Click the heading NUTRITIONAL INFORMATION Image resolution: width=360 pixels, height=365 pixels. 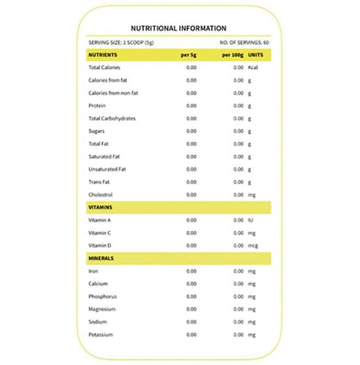coord(179,28)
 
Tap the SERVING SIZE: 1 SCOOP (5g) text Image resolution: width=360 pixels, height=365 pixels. coord(121,42)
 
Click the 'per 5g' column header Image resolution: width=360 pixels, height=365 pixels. coord(189,54)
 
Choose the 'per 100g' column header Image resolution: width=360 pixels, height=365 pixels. coord(231,54)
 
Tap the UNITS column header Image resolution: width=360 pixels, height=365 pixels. coord(257,54)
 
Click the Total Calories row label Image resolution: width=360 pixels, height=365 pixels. coord(104,67)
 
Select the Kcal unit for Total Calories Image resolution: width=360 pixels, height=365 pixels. coord(254,67)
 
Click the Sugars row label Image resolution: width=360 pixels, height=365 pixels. coord(96,131)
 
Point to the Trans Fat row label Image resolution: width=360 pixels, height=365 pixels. coord(99,182)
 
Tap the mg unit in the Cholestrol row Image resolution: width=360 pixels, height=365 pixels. coord(252,195)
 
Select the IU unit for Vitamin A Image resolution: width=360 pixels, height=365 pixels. coord(250,221)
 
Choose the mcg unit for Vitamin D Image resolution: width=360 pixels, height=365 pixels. coord(253,246)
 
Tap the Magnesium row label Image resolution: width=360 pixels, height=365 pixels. coord(102,309)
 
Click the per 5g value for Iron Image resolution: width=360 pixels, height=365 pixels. coord(191,271)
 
